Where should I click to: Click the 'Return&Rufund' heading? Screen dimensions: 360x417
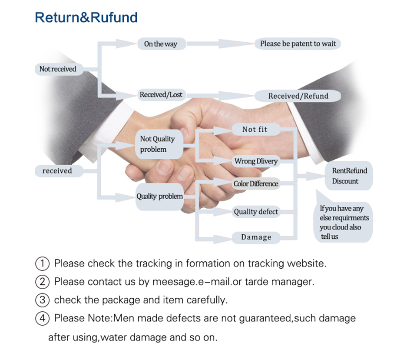pos(86,17)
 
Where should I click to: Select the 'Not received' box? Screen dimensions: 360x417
pos(58,69)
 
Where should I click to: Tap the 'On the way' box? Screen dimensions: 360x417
pos(160,44)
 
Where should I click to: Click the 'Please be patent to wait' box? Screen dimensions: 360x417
pos(298,43)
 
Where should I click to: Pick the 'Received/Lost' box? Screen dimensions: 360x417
pos(161,94)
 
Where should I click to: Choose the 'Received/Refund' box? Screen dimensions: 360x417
pos(298,96)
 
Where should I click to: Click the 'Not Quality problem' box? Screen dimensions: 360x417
pos(157,144)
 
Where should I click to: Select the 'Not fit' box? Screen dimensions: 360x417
pos(255,129)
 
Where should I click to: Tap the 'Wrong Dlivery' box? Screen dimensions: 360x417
pos(256,161)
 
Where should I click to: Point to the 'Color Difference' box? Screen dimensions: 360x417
pos(256,183)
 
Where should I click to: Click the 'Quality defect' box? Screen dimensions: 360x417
pos(256,212)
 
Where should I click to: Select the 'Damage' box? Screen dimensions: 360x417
pos(256,237)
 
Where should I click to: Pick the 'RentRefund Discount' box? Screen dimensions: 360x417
pos(349,176)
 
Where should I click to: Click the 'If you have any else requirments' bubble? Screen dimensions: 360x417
pos(344,222)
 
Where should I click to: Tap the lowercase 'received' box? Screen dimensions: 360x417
pos(57,171)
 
